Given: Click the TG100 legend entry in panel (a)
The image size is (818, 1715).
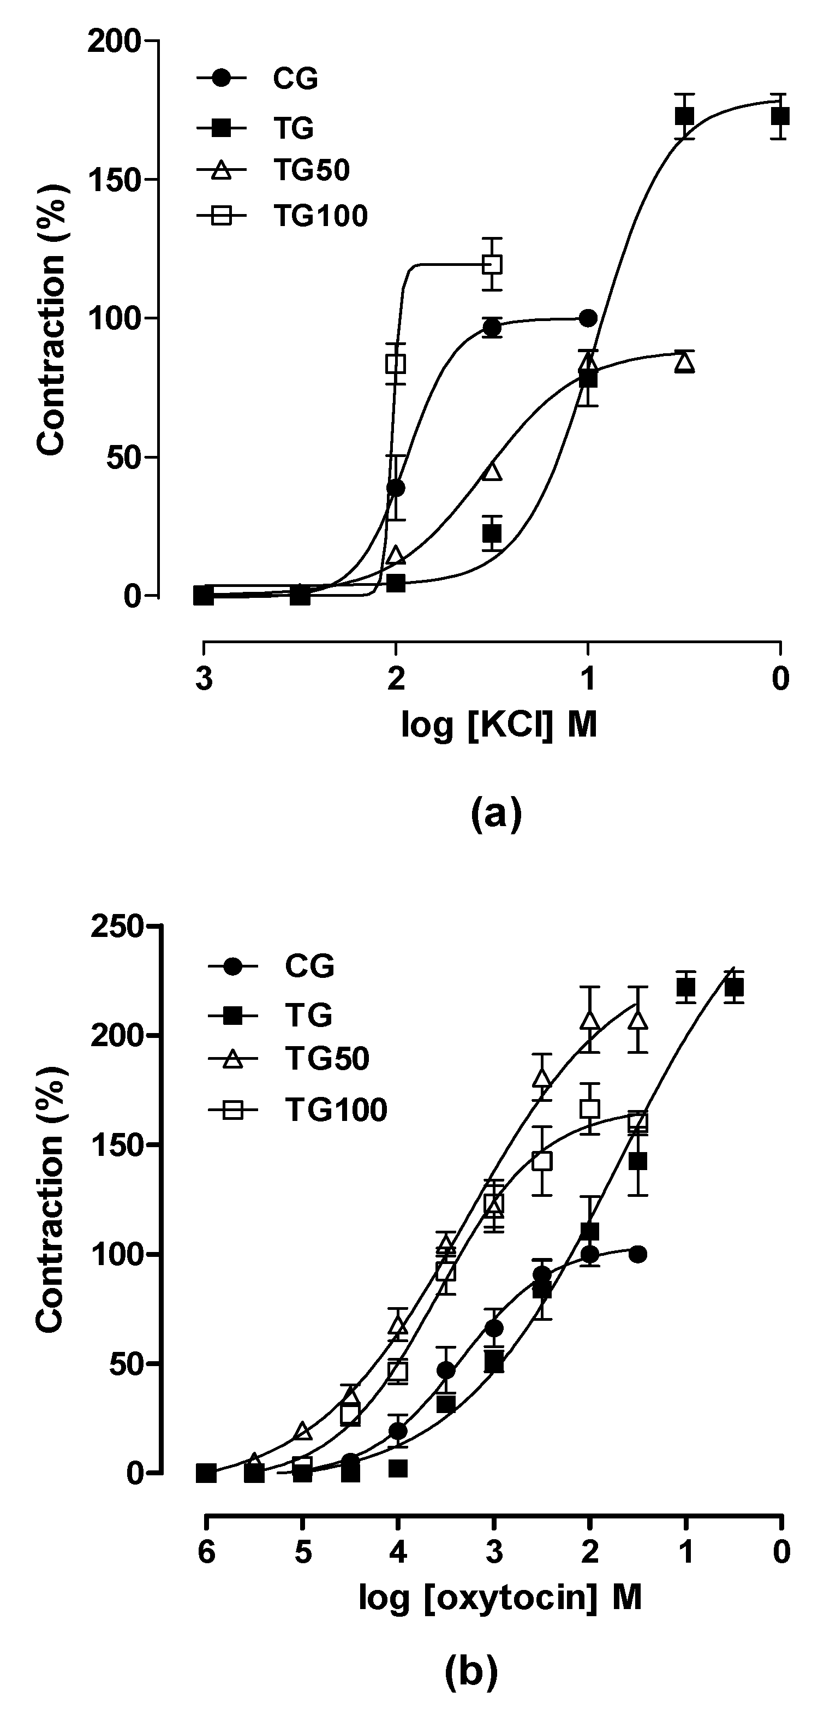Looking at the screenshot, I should pos(319,216).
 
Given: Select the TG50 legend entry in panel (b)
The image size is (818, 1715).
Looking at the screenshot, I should pos(327,1058).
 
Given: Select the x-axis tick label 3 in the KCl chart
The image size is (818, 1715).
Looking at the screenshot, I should pos(204,680).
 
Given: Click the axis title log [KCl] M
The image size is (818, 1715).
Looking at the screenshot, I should pos(499,725).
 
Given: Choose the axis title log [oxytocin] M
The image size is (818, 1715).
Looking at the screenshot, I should pos(500,1597).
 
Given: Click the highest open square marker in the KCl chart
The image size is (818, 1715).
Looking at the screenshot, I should pos(492,264).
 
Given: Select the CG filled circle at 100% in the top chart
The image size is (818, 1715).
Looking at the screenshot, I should pos(588,318).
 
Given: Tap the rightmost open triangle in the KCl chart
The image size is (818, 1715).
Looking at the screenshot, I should pos(684,363).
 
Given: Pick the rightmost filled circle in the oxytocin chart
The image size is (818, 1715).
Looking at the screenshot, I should pos(637,1254).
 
